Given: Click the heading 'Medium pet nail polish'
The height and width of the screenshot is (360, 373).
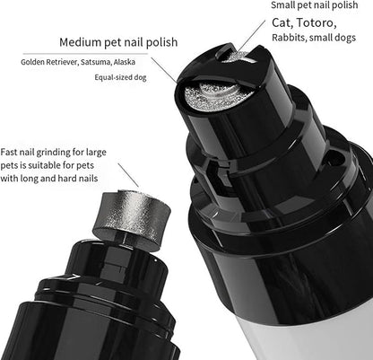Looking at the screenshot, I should [117, 41].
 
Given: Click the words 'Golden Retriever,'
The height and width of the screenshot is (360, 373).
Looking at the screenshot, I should [53, 62].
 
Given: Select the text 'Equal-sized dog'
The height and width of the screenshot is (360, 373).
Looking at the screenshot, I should [122, 78].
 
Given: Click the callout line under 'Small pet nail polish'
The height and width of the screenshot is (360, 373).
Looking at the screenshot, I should [253, 42].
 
